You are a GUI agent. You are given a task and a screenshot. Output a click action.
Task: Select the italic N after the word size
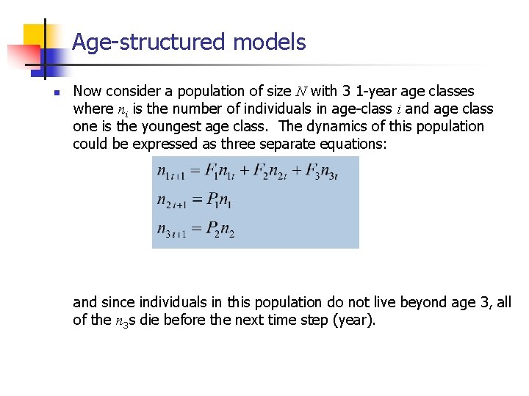tap(302, 92)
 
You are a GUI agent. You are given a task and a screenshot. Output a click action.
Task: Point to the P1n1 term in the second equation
tap(219, 200)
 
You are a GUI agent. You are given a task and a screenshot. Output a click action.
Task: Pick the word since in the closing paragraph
tap(118, 302)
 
